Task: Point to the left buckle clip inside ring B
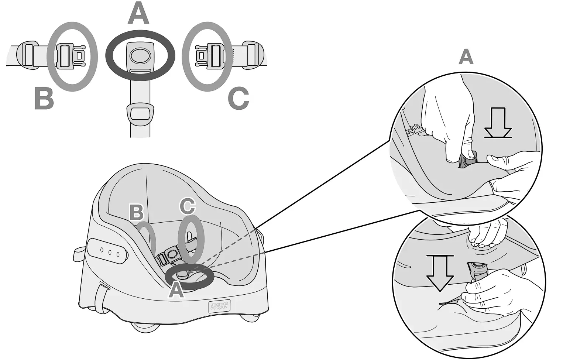(72, 55)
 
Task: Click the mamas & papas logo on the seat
(219, 306)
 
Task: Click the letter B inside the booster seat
(137, 212)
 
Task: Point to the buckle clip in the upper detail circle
(416, 130)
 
